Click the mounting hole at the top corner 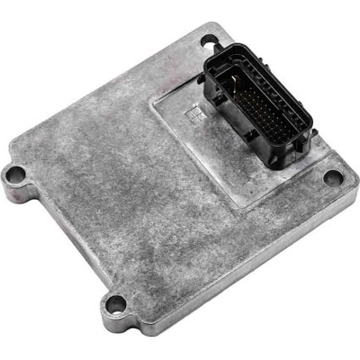[x=209, y=40]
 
